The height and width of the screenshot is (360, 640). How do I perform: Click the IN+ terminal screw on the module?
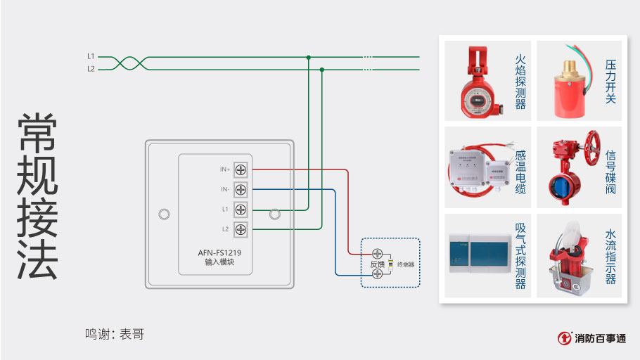click(241, 169)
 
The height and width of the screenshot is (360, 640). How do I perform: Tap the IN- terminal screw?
click(241, 189)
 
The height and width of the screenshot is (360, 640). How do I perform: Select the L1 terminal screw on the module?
click(241, 209)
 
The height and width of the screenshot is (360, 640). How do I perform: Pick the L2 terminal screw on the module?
click(241, 229)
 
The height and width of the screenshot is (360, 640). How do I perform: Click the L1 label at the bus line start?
click(91, 56)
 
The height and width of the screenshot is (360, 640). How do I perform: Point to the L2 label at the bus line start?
click(91, 69)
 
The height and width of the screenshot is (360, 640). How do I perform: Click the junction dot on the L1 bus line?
click(308, 56)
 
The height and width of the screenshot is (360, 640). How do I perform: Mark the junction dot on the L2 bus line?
click(321, 69)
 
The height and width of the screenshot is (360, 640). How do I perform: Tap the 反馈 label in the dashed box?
click(377, 264)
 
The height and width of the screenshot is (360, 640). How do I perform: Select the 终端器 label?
click(406, 264)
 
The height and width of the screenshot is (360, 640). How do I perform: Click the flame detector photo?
click(478, 82)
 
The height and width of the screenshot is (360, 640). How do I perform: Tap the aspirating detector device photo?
click(478, 254)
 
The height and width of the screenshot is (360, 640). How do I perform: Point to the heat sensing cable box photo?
click(479, 169)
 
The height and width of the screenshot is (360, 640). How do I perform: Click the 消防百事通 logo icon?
click(564, 338)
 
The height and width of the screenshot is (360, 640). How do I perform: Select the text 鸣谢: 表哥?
click(115, 334)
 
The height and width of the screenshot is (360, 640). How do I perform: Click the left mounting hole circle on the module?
click(164, 214)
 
